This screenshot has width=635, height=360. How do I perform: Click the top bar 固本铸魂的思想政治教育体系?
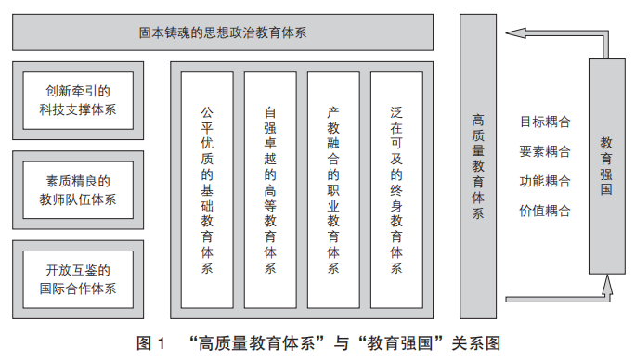point(223,32)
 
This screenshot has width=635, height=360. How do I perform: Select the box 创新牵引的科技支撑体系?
point(78,101)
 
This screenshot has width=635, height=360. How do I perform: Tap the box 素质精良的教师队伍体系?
point(78,190)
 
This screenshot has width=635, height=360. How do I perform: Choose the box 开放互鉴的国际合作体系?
point(78,279)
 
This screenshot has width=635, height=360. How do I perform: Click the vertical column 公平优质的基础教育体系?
point(207,190)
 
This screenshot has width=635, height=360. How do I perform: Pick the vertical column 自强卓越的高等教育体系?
point(270,190)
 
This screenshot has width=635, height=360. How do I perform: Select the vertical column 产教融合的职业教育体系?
point(333,190)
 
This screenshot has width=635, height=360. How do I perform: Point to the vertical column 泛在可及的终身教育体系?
point(396,190)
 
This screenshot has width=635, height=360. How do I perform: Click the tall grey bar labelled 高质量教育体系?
point(478,166)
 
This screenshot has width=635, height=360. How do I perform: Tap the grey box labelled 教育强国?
point(606,166)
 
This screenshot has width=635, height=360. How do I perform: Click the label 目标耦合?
point(545,122)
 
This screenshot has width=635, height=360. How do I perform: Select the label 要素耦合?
point(545,151)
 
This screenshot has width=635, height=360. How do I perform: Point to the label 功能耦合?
point(545,181)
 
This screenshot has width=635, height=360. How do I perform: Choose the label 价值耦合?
point(545,211)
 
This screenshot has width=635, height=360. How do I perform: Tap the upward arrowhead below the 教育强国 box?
point(606,284)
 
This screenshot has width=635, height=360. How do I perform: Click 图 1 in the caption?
point(150,343)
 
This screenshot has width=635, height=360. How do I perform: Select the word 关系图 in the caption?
point(476,343)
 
